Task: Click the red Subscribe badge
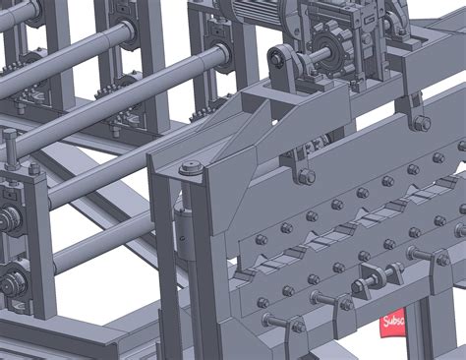pyautogui.click(x=392, y=323)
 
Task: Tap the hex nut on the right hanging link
pyautogui.click(x=421, y=123)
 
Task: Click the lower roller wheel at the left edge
pyautogui.click(x=12, y=283)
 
